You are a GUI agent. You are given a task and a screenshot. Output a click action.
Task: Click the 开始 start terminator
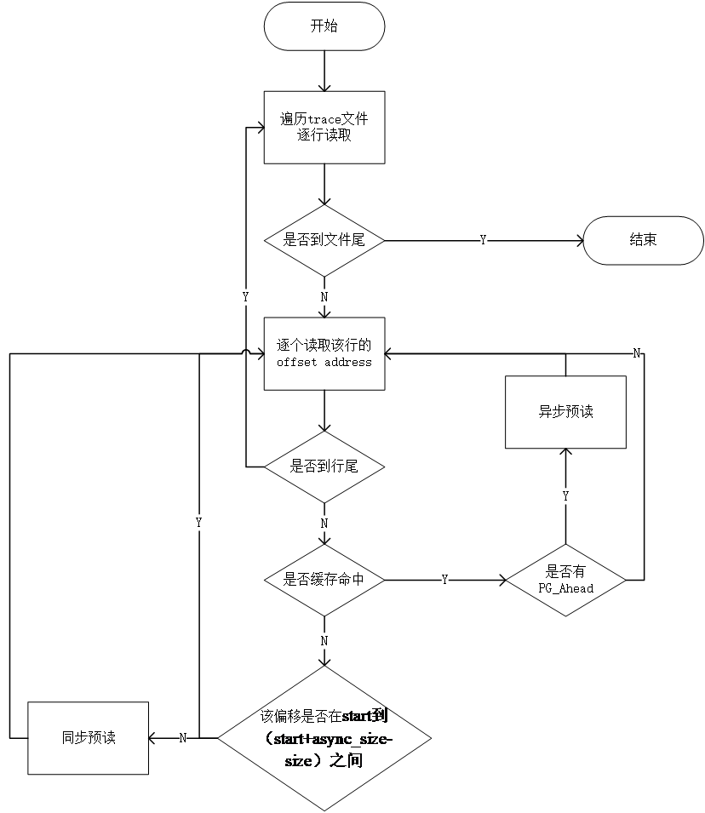[x=324, y=26]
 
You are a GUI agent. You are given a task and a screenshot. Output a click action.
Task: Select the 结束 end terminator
[x=643, y=240]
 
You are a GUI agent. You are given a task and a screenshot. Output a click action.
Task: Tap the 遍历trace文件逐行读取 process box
[x=324, y=127]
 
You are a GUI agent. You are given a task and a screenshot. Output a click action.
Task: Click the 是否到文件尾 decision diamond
[x=324, y=240]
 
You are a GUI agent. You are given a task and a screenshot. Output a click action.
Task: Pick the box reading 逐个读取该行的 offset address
[x=324, y=353]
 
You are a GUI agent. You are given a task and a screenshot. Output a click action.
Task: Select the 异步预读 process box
[x=565, y=412]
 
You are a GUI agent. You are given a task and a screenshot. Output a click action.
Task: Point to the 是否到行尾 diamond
[x=324, y=467]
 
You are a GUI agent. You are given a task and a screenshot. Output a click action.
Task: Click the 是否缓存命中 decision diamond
[x=324, y=580]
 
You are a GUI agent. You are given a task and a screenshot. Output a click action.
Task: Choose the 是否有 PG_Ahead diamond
[x=565, y=581]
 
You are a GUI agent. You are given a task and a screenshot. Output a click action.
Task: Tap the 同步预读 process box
[x=88, y=738]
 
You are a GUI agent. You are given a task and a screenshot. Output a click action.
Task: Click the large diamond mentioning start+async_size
[x=324, y=738]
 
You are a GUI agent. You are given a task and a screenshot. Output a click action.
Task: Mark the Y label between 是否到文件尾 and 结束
[x=484, y=241]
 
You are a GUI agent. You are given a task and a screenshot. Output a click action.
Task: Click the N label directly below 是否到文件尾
[x=324, y=297]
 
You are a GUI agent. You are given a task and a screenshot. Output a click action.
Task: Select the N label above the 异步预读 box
[x=636, y=353]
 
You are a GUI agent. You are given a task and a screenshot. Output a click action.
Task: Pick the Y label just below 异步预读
[x=565, y=496]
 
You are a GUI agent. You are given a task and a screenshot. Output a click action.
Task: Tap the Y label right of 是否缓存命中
[x=444, y=580]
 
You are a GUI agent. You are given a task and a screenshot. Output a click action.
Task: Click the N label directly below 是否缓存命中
[x=324, y=639]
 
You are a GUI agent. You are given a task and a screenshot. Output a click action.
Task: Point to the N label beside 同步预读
[x=183, y=738]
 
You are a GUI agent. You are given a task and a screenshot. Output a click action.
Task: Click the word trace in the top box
[x=324, y=119]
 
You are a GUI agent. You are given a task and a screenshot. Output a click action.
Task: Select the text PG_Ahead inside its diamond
[x=565, y=588]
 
